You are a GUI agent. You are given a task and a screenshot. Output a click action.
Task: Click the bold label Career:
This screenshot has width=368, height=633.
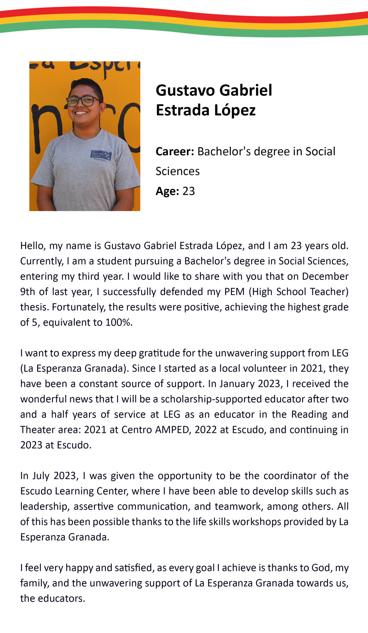pyautogui.click(x=175, y=152)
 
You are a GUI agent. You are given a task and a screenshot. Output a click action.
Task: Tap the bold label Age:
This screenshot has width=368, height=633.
pyautogui.click(x=167, y=191)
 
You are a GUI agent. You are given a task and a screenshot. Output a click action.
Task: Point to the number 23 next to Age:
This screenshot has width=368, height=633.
pyautogui.click(x=189, y=191)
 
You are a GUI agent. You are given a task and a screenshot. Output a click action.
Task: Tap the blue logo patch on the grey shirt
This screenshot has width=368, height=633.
pyautogui.click(x=101, y=156)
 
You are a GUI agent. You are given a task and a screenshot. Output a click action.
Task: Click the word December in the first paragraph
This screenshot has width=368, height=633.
pyautogui.click(x=325, y=276)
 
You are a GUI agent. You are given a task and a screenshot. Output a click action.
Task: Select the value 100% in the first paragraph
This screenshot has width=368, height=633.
pyautogui.click(x=119, y=322)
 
